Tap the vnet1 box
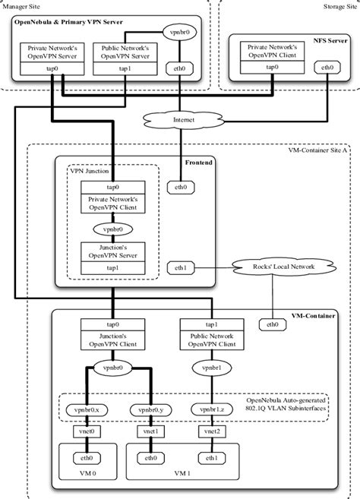tap(150, 431)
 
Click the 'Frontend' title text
tap(200, 162)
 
